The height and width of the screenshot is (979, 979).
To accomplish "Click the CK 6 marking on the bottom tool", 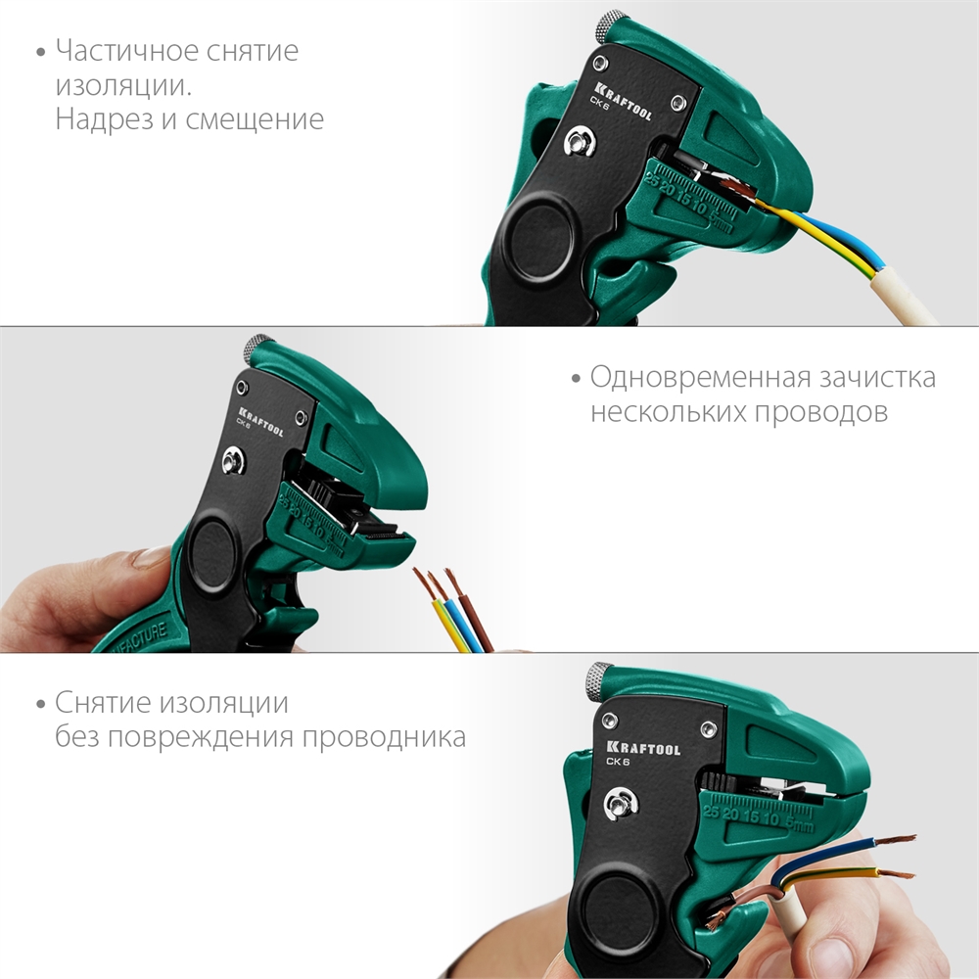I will click(x=618, y=762).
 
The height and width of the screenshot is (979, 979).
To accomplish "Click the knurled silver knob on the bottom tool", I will click(x=599, y=677).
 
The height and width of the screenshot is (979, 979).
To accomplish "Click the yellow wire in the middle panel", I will click(x=440, y=617).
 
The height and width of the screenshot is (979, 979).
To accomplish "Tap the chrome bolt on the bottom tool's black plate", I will click(x=620, y=805).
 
